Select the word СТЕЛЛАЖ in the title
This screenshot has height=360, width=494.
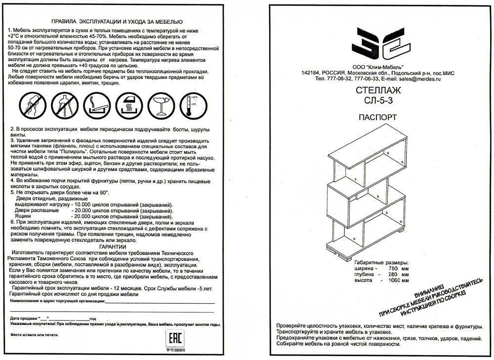378,90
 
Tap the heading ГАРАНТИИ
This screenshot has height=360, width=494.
112,246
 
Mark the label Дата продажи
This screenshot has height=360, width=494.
22,318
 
